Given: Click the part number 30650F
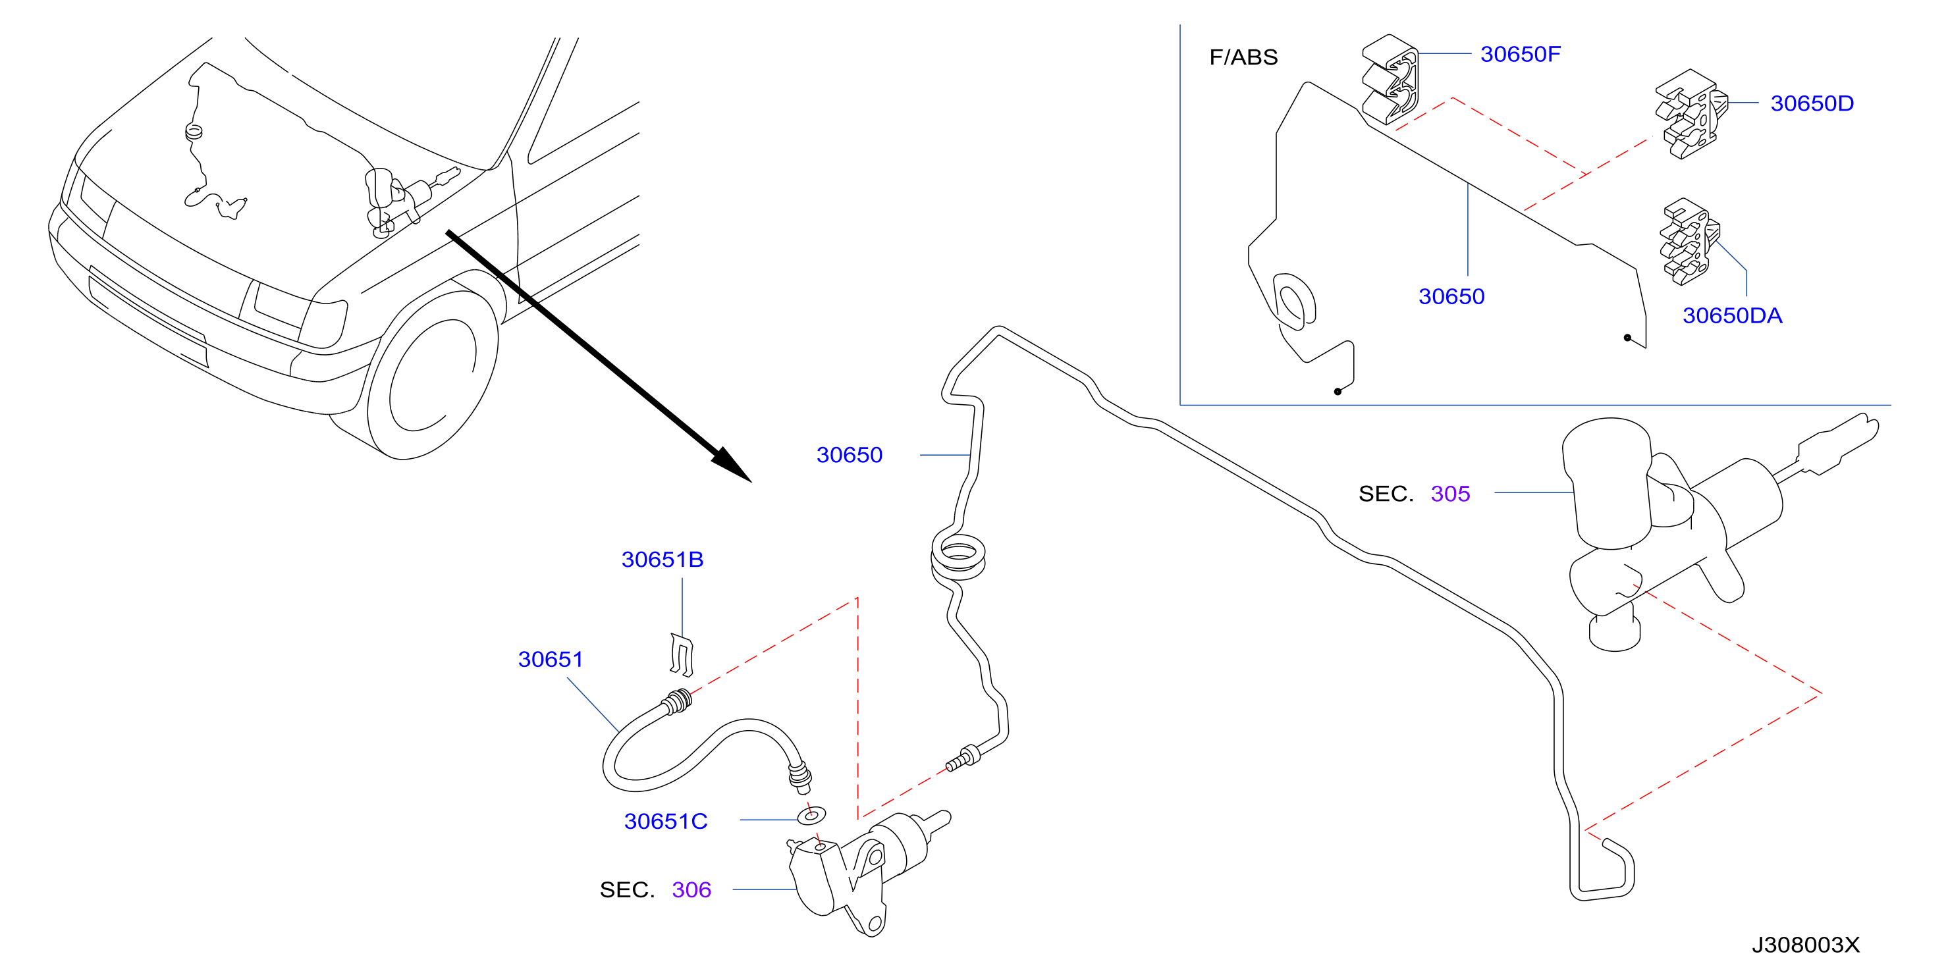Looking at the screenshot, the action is pos(1520,55).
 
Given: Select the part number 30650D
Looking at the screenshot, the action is pos(1812,103).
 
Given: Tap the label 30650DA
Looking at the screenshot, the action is pos(1732,315).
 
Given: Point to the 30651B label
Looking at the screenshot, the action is pos(663,560).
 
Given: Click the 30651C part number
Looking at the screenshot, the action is pos(665,821).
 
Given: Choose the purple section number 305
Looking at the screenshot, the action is pos(1449,494).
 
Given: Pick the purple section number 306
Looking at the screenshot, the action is pos(691,890).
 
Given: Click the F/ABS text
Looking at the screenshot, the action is pos(1243,57).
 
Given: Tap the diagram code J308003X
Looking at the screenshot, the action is pos(1805,945).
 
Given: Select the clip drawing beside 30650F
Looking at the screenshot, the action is pos(1390,80).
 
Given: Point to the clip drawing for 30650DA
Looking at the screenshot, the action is pos(1689,242).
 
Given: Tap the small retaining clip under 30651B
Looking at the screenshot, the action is pos(682,655).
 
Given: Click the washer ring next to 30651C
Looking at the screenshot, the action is pos(811,816).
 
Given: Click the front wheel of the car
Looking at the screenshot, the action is pos(433,376).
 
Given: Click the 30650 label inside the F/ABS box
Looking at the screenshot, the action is pos(1451,296).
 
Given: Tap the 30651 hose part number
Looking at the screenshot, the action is pos(551,660).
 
